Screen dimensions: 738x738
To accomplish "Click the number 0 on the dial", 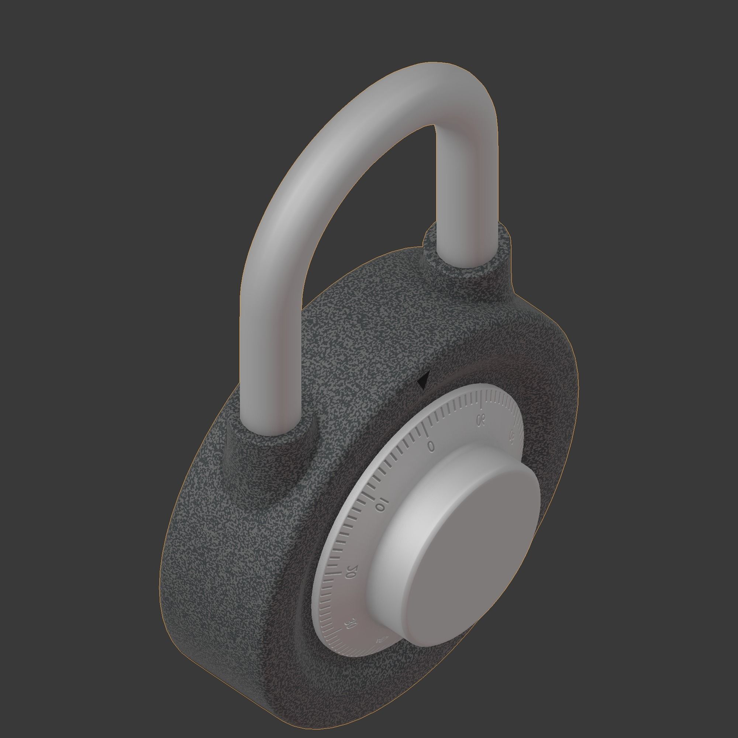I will [431, 446].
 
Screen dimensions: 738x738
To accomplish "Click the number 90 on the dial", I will [481, 420].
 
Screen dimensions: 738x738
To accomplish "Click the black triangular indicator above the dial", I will [423, 382].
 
